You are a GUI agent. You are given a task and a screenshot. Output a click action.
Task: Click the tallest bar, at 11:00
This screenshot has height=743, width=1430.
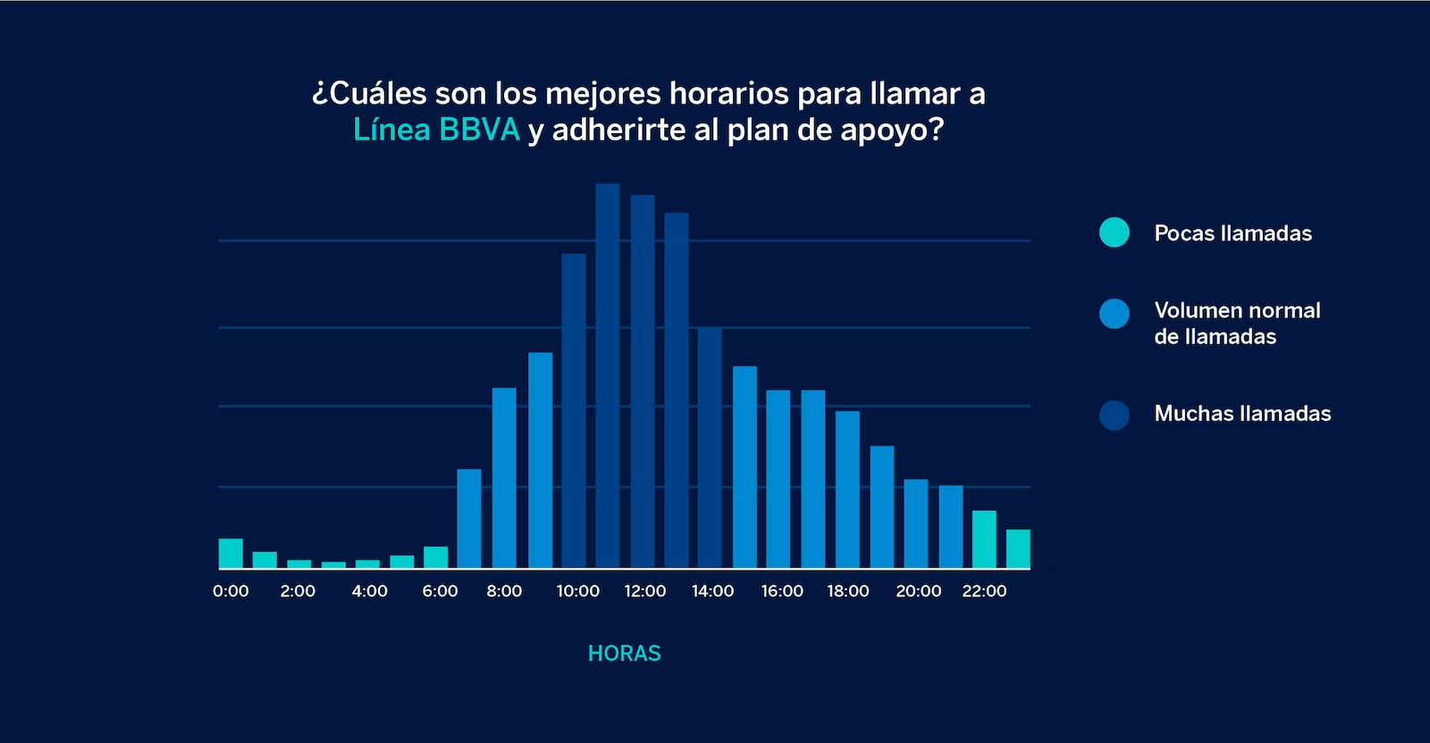click(x=608, y=376)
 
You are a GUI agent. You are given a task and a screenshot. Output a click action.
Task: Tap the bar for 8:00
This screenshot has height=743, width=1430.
click(x=504, y=478)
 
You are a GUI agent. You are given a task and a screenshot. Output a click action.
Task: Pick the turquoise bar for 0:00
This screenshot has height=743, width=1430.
click(x=231, y=553)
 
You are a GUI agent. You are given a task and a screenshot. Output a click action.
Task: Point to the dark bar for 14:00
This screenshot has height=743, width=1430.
click(x=710, y=448)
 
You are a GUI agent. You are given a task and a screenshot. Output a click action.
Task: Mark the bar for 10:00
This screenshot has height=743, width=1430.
click(x=574, y=411)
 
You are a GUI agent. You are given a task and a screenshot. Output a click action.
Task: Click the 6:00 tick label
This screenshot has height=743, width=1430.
click(x=440, y=591)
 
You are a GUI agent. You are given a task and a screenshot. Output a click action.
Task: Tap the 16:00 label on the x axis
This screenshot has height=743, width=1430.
click(x=782, y=591)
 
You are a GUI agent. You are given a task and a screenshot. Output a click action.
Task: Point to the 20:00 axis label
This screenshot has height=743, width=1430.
click(x=919, y=591)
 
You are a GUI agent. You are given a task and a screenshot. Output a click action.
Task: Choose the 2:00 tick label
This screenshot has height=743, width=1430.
click(x=298, y=591)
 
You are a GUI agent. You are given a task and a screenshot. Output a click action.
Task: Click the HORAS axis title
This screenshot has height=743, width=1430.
click(x=625, y=654)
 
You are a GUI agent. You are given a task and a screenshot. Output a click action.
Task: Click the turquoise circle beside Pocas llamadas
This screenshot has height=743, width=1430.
click(x=1115, y=232)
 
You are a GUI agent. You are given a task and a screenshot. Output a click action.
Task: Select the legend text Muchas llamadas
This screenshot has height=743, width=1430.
click(x=1242, y=413)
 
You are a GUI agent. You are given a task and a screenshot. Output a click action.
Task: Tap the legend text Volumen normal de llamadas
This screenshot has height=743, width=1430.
click(x=1237, y=323)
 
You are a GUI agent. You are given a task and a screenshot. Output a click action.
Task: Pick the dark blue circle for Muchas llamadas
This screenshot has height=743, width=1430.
click(x=1115, y=415)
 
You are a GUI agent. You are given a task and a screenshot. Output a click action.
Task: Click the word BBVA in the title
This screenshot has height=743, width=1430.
click(x=479, y=130)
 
